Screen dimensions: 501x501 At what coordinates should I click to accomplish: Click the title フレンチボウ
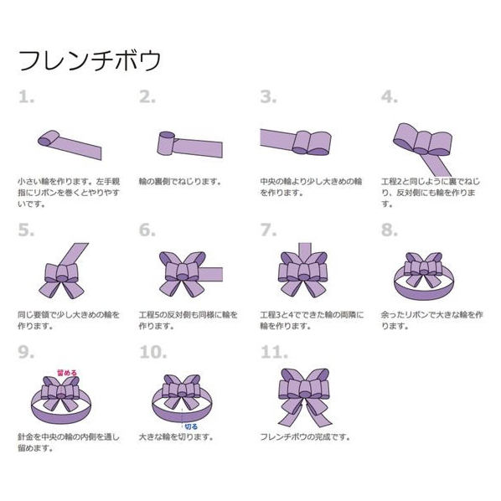[90, 60]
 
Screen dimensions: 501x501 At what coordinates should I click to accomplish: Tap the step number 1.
[26, 96]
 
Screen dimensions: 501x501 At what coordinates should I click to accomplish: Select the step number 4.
[390, 96]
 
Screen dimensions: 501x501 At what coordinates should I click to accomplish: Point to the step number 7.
[268, 230]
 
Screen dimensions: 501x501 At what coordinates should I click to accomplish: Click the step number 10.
[153, 352]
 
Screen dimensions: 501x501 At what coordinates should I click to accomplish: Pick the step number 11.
[274, 352]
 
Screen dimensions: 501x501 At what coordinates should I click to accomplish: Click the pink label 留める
[67, 373]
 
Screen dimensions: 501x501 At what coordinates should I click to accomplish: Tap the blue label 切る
[191, 426]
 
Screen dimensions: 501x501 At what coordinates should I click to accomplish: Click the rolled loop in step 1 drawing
[49, 138]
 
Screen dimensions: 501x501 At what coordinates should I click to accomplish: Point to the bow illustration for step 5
[64, 271]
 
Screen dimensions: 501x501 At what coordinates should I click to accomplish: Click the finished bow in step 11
[304, 397]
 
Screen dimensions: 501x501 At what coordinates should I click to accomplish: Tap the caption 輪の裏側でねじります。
[180, 182]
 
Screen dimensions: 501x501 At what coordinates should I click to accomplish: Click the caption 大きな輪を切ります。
[176, 436]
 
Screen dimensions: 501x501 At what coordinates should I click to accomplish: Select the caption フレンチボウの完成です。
[305, 436]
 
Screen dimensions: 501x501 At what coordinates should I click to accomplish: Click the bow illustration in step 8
[424, 276]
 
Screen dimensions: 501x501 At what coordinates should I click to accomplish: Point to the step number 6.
[147, 230]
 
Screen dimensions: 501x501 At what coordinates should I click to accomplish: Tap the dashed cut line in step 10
[182, 416]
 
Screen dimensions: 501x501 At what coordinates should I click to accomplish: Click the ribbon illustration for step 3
[296, 142]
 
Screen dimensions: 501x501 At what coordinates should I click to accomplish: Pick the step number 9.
[26, 352]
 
